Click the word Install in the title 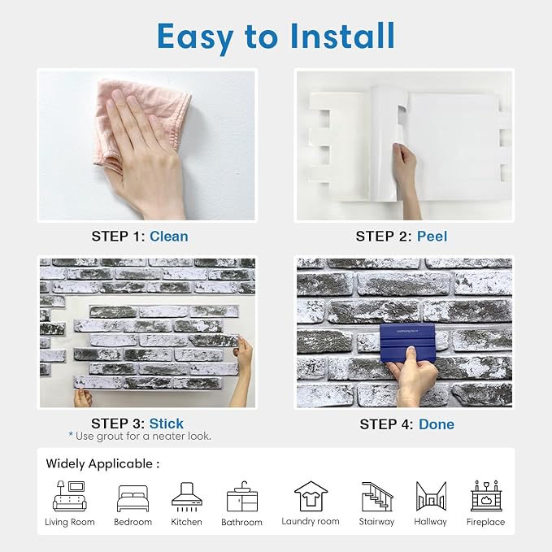pos(342,36)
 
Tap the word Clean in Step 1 pos(169,237)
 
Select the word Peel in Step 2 pos(432,237)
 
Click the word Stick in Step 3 pos(166,424)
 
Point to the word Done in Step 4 pos(437,424)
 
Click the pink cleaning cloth pos(141,124)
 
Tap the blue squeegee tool pos(407,343)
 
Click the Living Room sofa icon pos(70,496)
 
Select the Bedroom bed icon pos(133,498)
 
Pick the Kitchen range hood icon pos(187,497)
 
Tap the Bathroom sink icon pos(241,497)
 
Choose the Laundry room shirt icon pos(311,496)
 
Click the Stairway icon pos(377,497)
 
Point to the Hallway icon pos(431,496)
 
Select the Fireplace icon pos(486,496)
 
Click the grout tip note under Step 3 pos(140,437)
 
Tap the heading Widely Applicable pos(102,463)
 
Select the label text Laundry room pos(311,521)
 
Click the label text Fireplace pos(485,522)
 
